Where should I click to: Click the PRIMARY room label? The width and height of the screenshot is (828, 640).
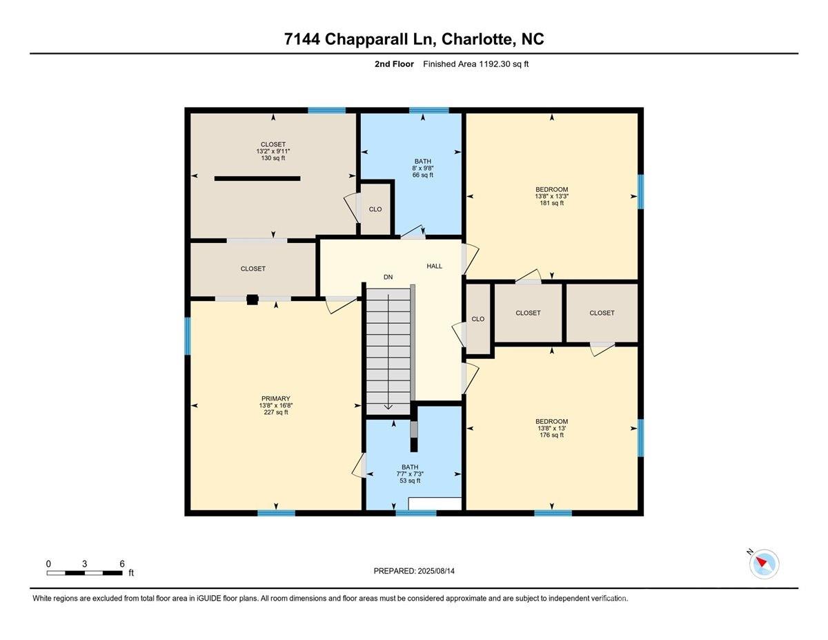[x=275, y=398]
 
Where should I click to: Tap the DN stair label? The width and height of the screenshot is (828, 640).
[x=388, y=277]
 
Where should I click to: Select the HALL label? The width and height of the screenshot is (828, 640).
[x=435, y=266]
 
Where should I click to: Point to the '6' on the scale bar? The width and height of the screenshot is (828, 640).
[x=122, y=564]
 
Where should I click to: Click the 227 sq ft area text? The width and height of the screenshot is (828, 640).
[x=275, y=412]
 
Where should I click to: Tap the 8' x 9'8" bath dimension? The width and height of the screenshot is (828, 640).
[x=422, y=168]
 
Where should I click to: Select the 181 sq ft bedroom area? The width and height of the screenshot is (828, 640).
[x=551, y=203]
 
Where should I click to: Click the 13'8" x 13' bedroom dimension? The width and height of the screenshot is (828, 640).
[x=551, y=428]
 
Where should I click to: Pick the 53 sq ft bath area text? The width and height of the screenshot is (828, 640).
[x=410, y=481]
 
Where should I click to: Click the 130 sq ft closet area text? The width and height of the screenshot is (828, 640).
[x=273, y=158]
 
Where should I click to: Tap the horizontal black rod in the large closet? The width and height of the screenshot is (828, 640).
[x=257, y=178]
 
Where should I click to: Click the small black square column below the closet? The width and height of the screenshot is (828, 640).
[x=253, y=300]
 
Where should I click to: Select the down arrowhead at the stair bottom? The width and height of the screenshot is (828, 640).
[x=388, y=407]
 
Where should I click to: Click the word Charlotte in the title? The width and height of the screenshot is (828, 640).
[x=477, y=39]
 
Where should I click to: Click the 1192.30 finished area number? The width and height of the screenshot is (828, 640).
[x=494, y=64]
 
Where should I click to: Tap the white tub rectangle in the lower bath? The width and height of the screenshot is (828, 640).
[x=435, y=503]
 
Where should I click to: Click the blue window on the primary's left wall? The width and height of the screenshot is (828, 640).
[x=187, y=336]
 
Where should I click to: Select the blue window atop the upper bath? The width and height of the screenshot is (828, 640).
[x=428, y=110]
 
